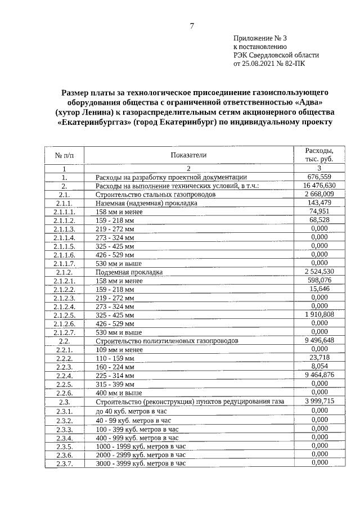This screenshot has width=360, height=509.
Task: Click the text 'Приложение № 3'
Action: [x=260, y=38]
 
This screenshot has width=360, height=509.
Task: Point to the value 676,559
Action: [x=319, y=176]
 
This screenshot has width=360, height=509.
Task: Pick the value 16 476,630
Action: [x=319, y=185]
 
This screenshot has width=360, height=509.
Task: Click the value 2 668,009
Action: [x=319, y=193]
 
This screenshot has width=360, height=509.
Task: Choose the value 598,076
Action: [x=319, y=280]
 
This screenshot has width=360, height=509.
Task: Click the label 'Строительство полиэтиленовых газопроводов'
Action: [x=168, y=341]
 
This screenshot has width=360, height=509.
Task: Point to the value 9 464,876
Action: [x=319, y=375]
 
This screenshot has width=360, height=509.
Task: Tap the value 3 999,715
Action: [x=319, y=400]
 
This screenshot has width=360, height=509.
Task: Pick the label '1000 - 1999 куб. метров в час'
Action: [x=141, y=446]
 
